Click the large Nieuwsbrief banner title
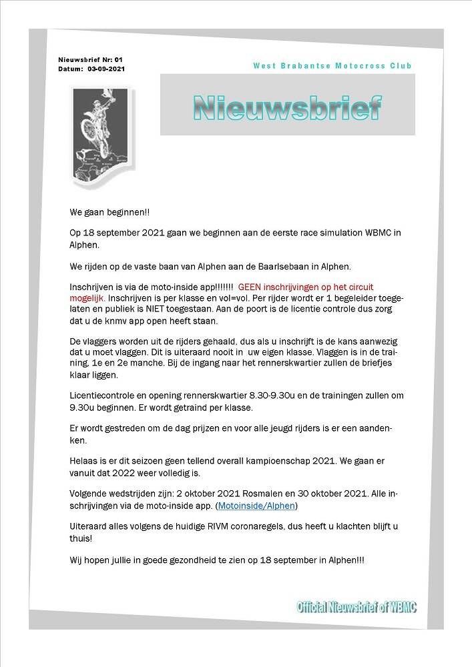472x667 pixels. pyautogui.click(x=288, y=107)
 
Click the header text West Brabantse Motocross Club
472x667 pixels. pyautogui.click(x=332, y=65)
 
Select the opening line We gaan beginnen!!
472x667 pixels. pyautogui.click(x=110, y=212)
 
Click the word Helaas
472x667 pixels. pyautogui.click(x=83, y=461)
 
